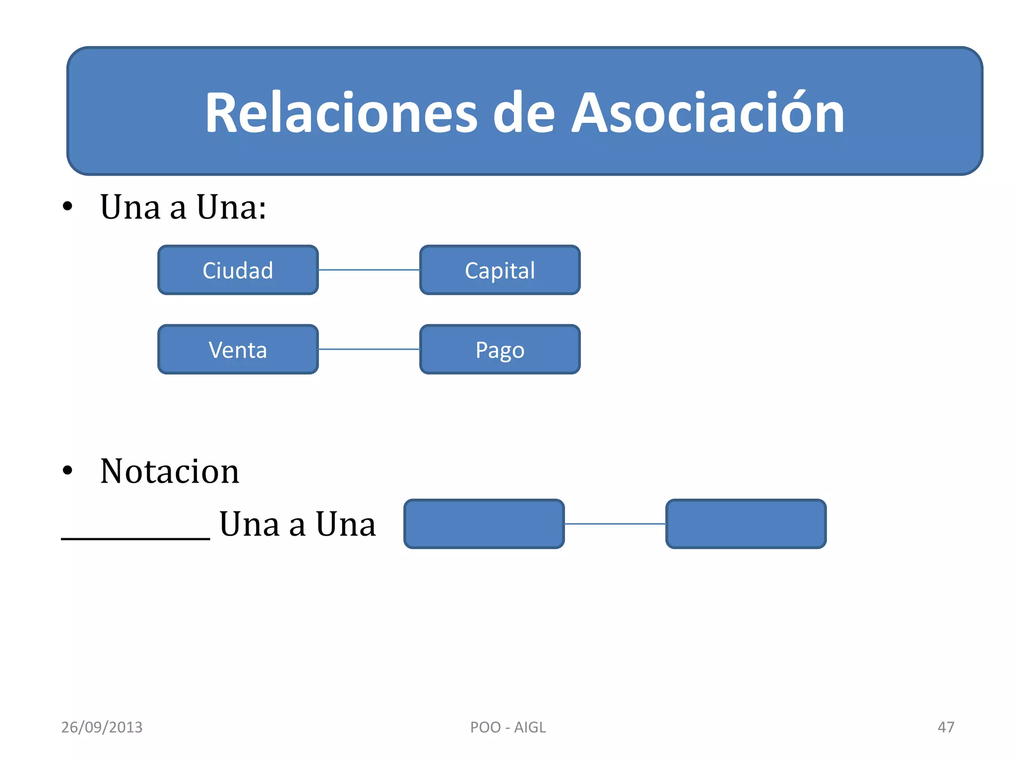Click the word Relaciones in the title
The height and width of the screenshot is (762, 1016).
pos(341,113)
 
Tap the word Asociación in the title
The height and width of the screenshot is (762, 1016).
pos(708,113)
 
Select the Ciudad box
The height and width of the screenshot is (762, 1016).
pos(238,270)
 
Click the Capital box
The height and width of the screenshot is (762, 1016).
pos(500,270)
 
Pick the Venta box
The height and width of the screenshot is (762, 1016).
pos(238,350)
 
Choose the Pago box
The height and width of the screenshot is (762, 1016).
pos(500,350)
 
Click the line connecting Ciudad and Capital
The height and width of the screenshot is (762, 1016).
pos(369,270)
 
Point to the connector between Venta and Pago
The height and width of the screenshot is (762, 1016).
pos(369,349)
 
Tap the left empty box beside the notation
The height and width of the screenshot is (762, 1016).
pos(484,524)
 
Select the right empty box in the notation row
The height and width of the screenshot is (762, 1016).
pos(746,524)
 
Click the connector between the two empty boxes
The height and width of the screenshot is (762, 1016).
pos(615,523)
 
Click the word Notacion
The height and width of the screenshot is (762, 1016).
pos(170,471)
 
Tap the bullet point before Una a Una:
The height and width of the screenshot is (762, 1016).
pos(67,206)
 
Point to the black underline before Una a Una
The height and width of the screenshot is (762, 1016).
pos(135,538)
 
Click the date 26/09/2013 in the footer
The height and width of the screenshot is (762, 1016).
pos(102,727)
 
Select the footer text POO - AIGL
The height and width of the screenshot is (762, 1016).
pos(508,727)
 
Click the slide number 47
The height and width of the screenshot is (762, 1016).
pos(946,727)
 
